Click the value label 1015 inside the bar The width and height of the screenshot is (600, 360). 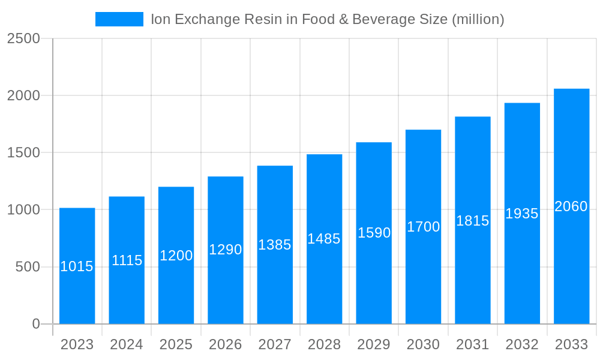click(77, 266)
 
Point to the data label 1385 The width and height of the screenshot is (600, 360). click(275, 245)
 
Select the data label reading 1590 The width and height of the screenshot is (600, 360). click(374, 233)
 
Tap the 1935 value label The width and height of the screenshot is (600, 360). click(522, 214)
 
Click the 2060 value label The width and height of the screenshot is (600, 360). click(571, 206)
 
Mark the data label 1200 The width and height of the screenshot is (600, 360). click(176, 256)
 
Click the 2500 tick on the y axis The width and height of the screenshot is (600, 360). click(23, 38)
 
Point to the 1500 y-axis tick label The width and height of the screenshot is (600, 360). click(23, 152)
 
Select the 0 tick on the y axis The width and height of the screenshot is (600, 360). click(36, 324)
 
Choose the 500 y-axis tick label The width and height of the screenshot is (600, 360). click(28, 267)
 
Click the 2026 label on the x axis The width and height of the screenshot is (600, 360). click(226, 344)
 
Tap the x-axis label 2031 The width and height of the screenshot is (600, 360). click(473, 344)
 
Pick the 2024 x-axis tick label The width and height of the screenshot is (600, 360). click(127, 344)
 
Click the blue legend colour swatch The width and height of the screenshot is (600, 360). click(119, 19)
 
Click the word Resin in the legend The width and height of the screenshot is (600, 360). click(263, 19)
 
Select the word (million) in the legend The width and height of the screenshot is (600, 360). click(478, 19)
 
